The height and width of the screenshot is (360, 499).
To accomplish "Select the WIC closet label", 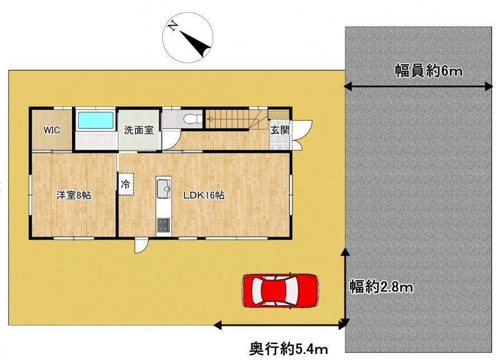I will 52,130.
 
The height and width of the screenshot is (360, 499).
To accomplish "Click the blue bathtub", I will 95,120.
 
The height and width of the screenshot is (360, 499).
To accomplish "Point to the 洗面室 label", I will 139,131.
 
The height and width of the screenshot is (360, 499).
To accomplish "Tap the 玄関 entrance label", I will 280,130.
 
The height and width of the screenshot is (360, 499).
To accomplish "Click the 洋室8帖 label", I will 74,195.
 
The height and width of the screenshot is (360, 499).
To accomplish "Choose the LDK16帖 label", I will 205,196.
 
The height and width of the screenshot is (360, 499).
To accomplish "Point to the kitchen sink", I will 164,189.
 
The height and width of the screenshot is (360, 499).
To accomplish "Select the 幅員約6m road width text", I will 429,71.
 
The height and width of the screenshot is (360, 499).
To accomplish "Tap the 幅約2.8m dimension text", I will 381,287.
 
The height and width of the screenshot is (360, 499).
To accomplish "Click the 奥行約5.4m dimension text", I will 288,349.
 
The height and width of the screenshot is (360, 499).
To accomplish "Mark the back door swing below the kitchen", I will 141,246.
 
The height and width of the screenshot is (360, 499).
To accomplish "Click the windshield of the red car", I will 292,290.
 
